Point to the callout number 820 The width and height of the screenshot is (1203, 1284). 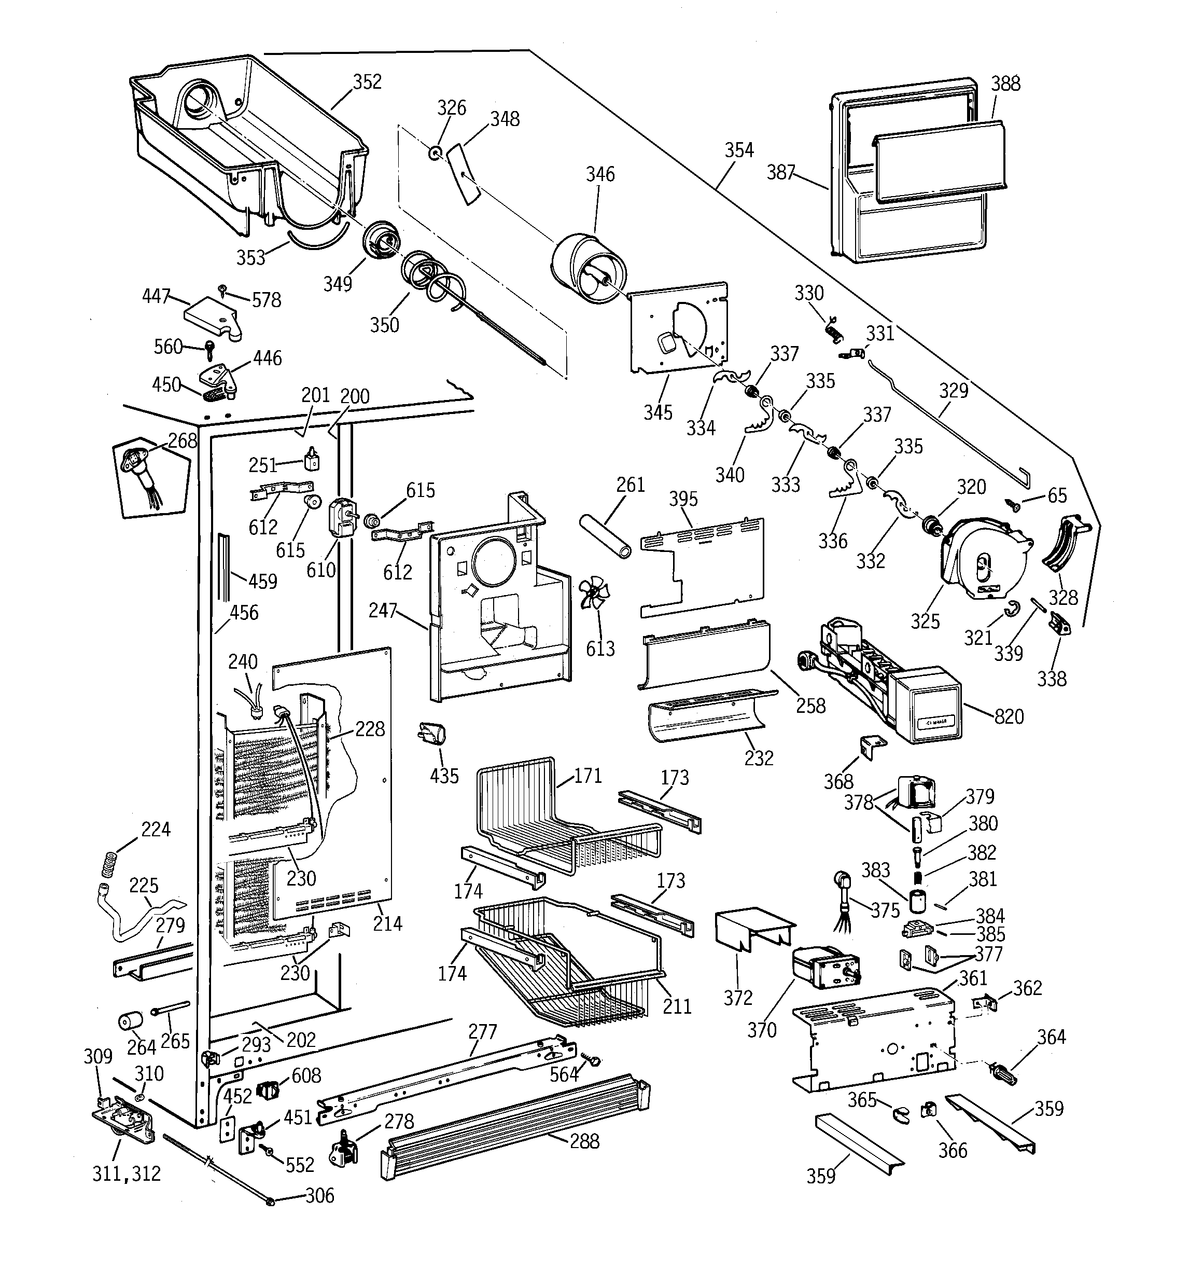click(x=1009, y=716)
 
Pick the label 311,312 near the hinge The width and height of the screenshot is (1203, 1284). click(x=127, y=1173)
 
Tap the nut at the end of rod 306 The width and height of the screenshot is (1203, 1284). click(x=270, y=1200)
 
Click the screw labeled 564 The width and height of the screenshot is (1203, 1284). click(x=593, y=1060)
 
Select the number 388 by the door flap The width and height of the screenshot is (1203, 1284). click(x=1005, y=84)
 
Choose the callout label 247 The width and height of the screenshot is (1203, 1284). click(x=382, y=610)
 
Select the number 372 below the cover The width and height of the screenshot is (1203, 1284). click(x=737, y=998)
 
